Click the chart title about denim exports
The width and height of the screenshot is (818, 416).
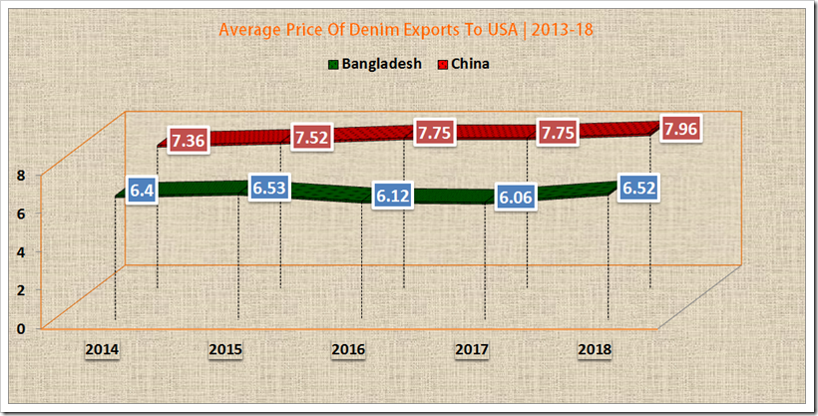click(408, 30)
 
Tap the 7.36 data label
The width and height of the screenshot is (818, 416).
click(188, 141)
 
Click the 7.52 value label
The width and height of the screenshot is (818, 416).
click(311, 137)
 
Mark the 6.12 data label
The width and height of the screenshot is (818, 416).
click(393, 196)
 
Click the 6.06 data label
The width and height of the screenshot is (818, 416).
click(517, 197)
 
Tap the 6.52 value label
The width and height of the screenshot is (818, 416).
click(638, 188)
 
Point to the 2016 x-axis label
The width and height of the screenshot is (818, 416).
click(349, 350)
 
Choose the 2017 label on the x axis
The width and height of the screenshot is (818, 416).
click(472, 350)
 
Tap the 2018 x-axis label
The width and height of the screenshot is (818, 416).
click(595, 350)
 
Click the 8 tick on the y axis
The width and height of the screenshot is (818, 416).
click(20, 175)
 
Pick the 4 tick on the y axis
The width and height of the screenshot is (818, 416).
click(20, 251)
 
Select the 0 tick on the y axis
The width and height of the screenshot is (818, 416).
click(20, 328)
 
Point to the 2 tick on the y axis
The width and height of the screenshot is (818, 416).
click(20, 290)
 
